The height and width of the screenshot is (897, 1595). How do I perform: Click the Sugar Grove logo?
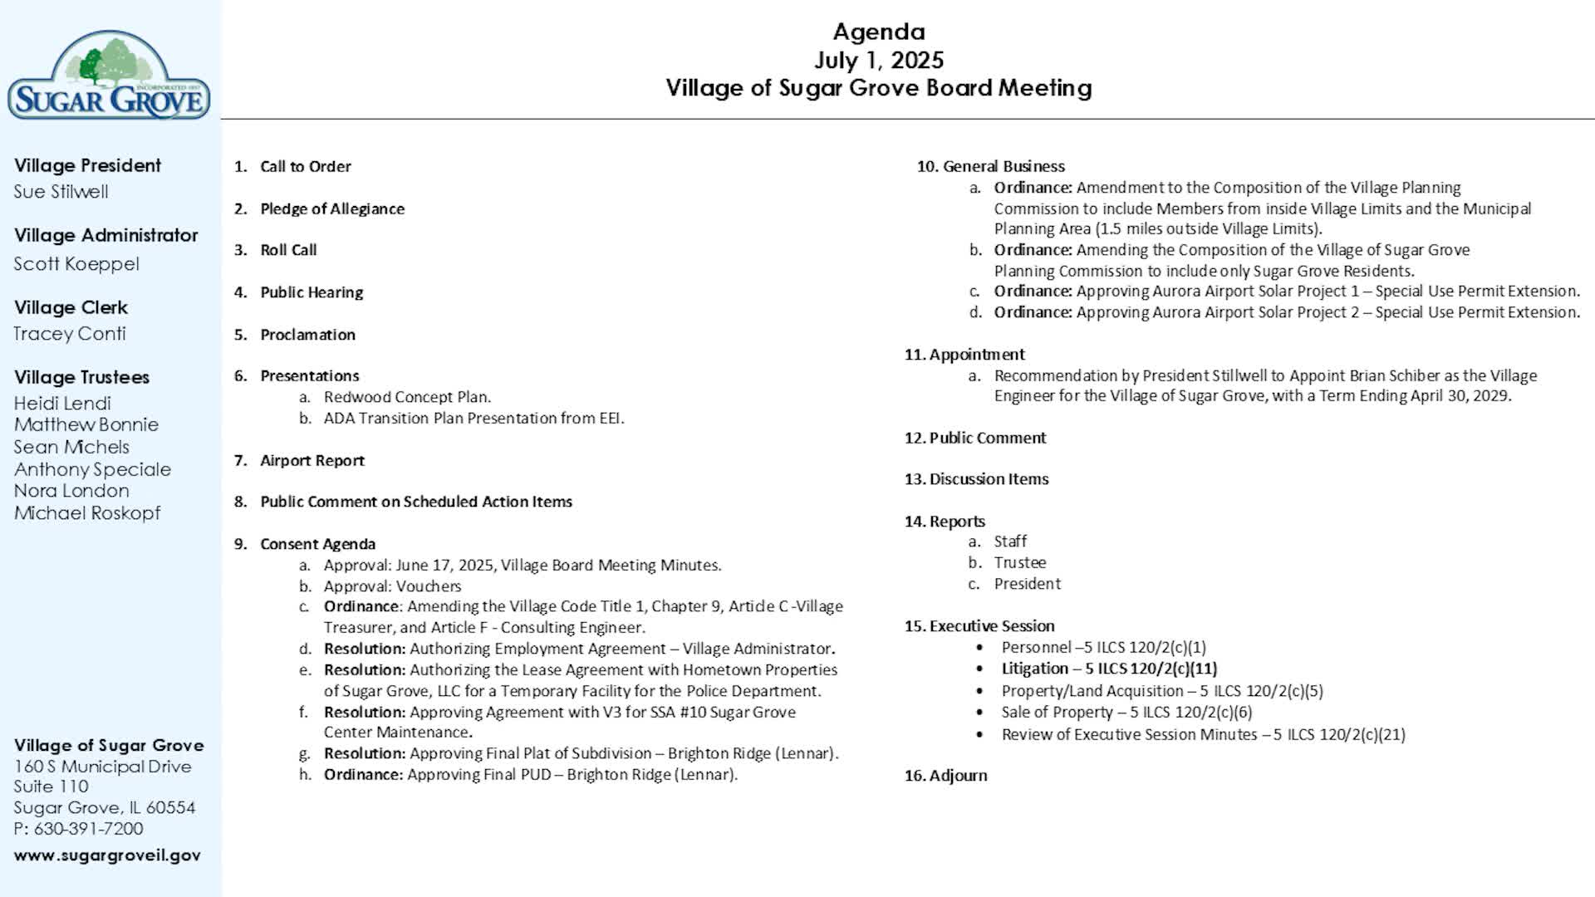(109, 76)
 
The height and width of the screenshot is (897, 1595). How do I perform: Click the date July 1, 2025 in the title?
(878, 60)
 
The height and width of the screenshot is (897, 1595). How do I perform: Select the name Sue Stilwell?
(61, 192)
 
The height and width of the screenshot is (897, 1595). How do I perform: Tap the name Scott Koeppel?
(76, 264)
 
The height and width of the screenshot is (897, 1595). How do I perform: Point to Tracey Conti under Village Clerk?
(70, 334)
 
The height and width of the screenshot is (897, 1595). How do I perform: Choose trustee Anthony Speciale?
(92, 469)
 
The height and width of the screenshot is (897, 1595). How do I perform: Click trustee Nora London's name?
(71, 491)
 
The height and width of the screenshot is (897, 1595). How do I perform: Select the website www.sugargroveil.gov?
(107, 855)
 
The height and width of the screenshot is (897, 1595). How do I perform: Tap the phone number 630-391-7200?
(88, 829)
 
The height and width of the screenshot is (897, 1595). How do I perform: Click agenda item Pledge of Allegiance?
(332, 209)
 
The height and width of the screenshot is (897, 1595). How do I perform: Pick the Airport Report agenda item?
(312, 461)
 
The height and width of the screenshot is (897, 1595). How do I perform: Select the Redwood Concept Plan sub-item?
(407, 397)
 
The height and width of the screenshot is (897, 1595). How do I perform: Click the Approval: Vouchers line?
(392, 586)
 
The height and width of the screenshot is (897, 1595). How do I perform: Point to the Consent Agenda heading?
(317, 544)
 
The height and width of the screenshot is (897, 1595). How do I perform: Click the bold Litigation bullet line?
(1108, 669)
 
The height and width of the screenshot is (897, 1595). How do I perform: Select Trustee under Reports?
(1019, 563)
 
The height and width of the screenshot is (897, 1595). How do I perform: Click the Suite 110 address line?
(51, 787)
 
